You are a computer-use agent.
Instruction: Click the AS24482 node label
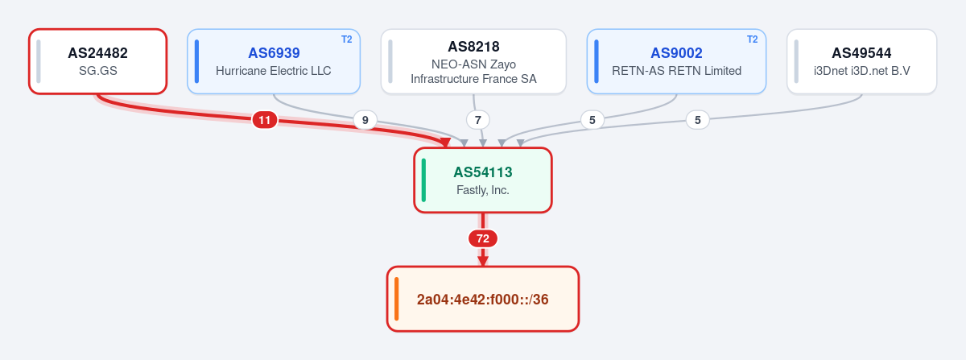click(98, 53)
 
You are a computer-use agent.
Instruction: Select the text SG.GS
click(98, 71)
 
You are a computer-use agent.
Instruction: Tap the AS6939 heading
click(274, 53)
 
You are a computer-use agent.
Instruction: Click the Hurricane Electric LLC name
click(274, 71)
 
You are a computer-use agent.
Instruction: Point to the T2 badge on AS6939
click(347, 39)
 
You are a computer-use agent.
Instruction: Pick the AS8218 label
click(473, 47)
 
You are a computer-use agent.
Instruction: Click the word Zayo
click(502, 64)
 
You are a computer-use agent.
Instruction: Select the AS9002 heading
click(677, 53)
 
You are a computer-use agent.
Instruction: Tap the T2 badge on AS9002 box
click(753, 39)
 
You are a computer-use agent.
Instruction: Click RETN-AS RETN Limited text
click(677, 71)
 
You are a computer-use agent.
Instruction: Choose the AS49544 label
click(861, 53)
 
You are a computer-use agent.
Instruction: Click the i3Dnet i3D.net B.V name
click(861, 71)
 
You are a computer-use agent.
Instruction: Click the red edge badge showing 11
click(265, 120)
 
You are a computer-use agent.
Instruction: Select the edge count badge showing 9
click(365, 120)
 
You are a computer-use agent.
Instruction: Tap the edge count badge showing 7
click(478, 120)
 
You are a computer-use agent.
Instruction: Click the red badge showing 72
click(483, 238)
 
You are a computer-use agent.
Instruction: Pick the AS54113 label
click(483, 172)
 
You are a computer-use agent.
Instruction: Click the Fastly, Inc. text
click(483, 190)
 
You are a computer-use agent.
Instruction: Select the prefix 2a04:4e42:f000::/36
click(483, 300)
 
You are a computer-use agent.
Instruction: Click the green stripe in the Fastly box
click(423, 180)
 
